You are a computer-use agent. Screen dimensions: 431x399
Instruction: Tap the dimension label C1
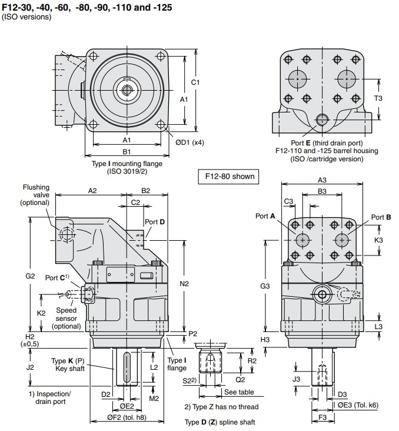[x=195, y=82]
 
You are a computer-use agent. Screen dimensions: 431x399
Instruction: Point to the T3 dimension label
[x=378, y=98]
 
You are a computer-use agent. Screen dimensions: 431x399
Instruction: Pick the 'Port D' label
[x=155, y=221]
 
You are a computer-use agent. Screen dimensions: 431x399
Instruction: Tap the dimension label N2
[x=184, y=284]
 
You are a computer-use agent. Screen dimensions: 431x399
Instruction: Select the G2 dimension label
[x=31, y=276]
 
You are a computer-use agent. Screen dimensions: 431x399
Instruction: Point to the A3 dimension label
[x=322, y=180]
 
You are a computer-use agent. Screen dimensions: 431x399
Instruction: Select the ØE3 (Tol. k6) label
[x=358, y=405]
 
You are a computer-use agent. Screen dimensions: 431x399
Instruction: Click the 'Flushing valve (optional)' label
[x=35, y=195]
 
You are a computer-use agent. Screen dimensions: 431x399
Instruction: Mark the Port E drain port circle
[x=321, y=120]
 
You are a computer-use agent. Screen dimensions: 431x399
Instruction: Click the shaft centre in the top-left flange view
[x=127, y=89]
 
